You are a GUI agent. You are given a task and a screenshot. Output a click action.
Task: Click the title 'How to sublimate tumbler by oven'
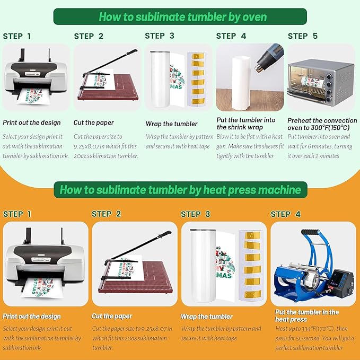click(x=183, y=17)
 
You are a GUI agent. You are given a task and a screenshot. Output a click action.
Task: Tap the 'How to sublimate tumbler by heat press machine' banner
click(x=180, y=190)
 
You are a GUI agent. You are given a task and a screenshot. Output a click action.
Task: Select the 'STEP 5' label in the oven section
click(x=303, y=36)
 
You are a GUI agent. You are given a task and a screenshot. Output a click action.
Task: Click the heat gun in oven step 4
click(x=268, y=58)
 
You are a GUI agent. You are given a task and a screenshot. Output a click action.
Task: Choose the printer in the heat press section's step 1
click(x=45, y=264)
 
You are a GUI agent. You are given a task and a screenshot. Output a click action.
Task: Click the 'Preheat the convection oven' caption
click(x=322, y=124)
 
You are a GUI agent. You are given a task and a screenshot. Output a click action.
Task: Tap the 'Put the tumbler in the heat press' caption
click(x=307, y=315)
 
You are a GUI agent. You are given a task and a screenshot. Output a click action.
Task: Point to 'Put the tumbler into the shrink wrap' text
click(x=246, y=124)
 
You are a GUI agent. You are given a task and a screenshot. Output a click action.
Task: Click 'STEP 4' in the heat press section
click(x=285, y=214)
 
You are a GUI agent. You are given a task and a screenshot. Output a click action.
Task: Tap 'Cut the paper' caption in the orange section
click(x=112, y=317)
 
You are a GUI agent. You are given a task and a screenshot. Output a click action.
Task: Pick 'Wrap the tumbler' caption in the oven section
click(x=171, y=124)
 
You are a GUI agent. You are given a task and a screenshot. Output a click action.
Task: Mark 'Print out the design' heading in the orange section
click(x=32, y=317)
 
